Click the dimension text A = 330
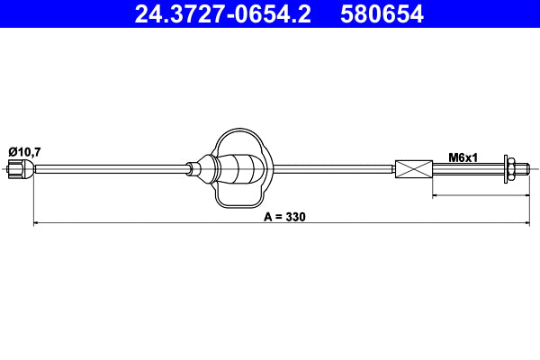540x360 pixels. [x=285, y=217]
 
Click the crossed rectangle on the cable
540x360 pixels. [x=414, y=168]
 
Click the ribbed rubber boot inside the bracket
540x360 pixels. [x=242, y=168]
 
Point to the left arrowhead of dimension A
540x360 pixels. [x=37, y=222]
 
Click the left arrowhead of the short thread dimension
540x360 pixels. [x=436, y=194]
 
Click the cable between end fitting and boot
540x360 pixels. [x=108, y=168]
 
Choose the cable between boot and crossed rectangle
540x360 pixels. [x=333, y=168]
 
